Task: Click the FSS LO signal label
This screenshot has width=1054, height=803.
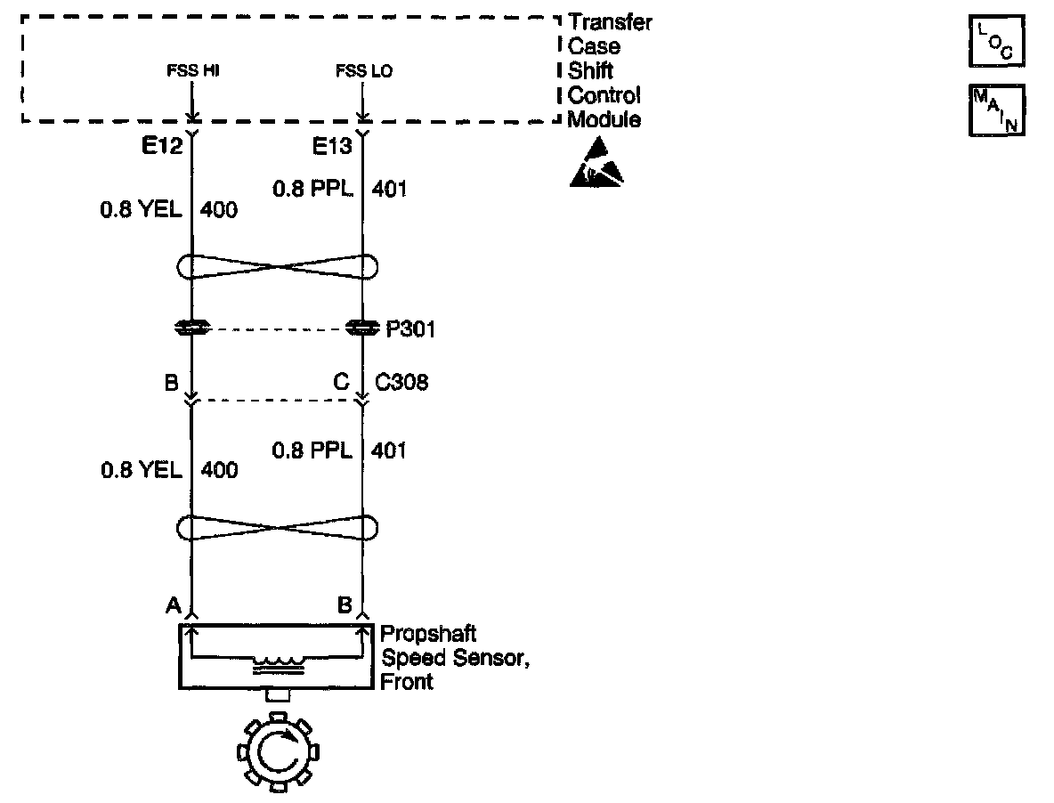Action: [x=363, y=71]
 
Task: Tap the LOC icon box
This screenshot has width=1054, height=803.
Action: [x=996, y=41]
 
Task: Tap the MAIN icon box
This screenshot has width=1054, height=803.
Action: [x=996, y=110]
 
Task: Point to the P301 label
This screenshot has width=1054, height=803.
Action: [x=410, y=330]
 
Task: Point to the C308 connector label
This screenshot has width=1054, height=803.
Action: [x=401, y=383]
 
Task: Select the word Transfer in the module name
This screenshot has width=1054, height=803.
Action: [x=609, y=22]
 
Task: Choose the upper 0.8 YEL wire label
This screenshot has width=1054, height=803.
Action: [x=142, y=210]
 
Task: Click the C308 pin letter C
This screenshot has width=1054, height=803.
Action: [x=341, y=383]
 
